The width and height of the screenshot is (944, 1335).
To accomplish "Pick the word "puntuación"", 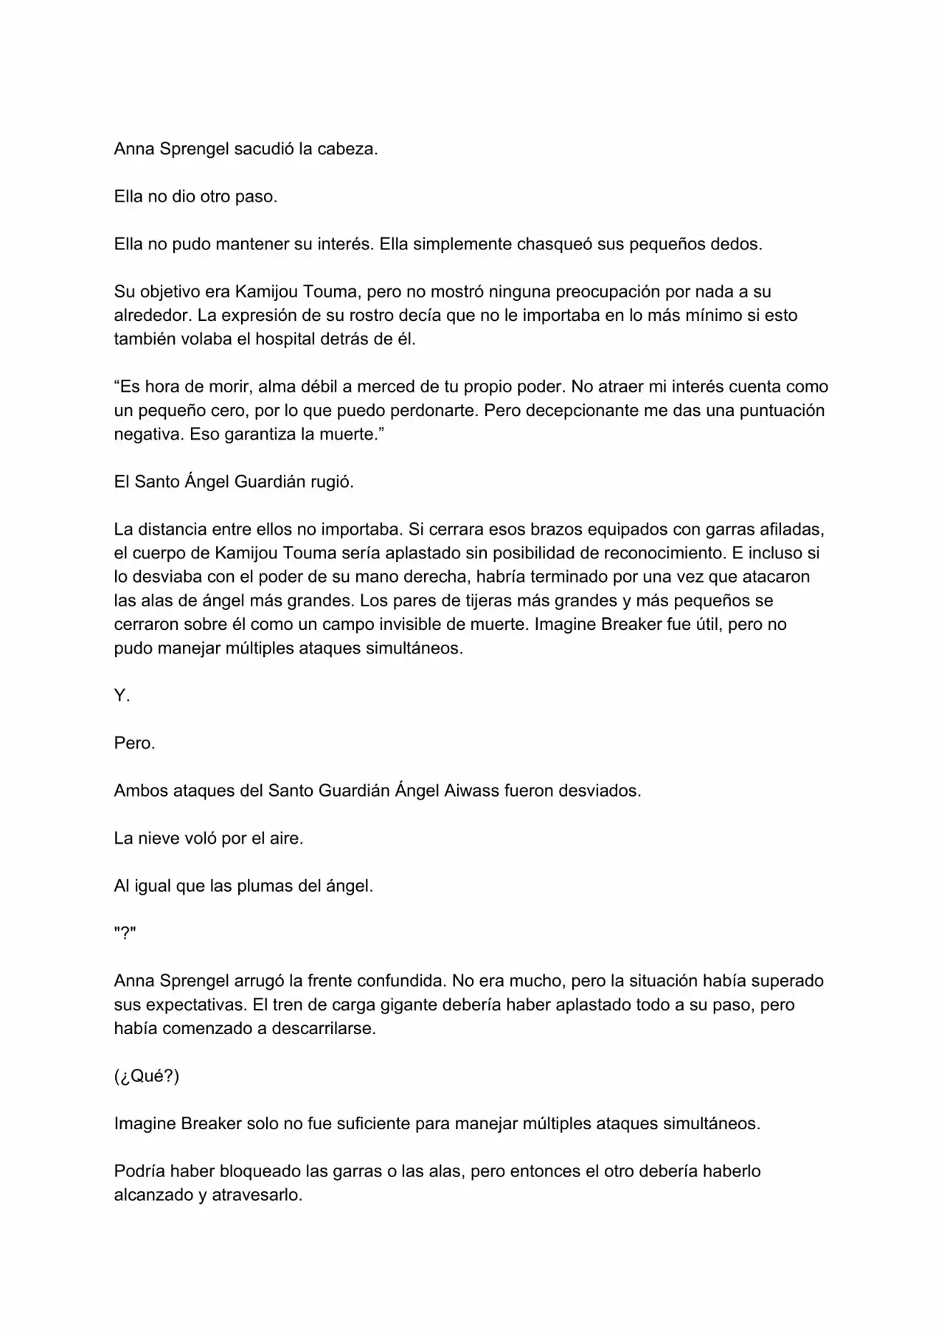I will pyautogui.click(x=779, y=411).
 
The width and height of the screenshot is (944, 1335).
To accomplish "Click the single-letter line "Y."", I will pyautogui.click(x=122, y=696).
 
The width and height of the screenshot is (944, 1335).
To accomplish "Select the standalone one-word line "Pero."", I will pyautogui.click(x=134, y=743).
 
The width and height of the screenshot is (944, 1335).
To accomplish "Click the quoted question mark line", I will pyautogui.click(x=125, y=934).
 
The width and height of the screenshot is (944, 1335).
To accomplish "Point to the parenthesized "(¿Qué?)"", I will pyautogui.click(x=146, y=1076).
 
